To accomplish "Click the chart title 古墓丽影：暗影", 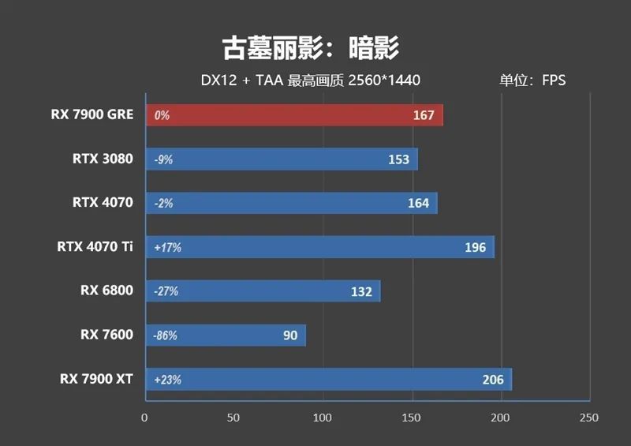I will pos(311,48).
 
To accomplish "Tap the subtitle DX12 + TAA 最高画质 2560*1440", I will pos(310,81).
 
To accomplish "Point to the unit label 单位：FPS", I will pos(532,81).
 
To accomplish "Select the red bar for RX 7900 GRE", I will pos(293,115).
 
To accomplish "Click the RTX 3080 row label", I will pos(103,159).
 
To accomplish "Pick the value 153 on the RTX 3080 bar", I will pos(398,159).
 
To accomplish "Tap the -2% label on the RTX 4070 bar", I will pos(163,204).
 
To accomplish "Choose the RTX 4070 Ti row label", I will pos(95,247).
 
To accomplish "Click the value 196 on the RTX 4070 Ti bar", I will pos(475,248).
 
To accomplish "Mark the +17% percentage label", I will pos(167,248).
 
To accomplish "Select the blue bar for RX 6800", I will pos(263,291).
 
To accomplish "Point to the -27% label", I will pos(166,291).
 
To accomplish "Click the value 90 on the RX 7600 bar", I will pos(290,335).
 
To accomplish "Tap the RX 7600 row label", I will pos(106,335).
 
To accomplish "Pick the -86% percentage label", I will pos(166,335).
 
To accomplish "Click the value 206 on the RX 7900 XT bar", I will pos(493,380).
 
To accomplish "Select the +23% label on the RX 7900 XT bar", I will pos(167,380).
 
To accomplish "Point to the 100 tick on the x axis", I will pos(323,418).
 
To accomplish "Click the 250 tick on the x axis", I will pos(588,418).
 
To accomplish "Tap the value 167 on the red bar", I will pos(424,115).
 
